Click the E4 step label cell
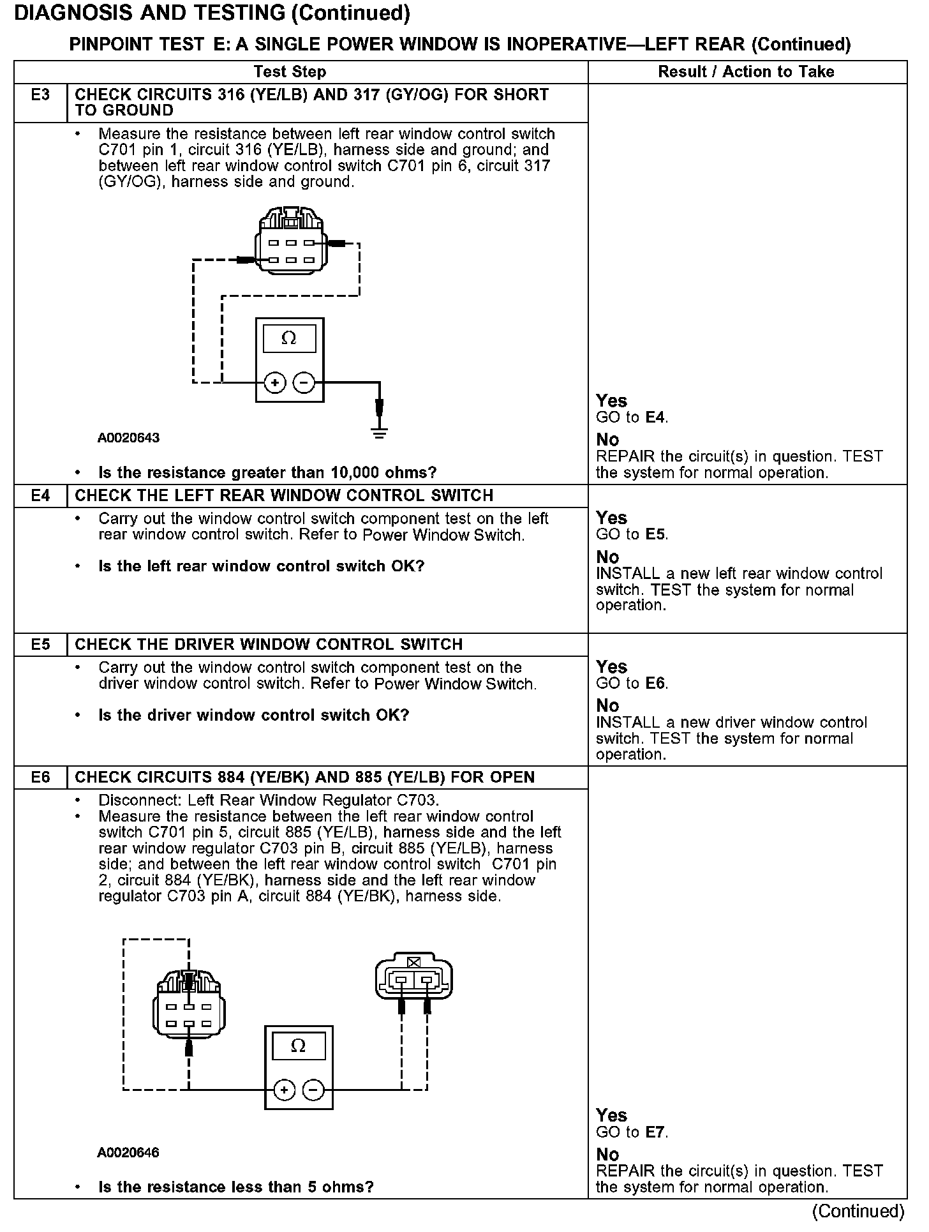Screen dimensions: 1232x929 point(40,496)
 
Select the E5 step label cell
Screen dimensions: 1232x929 point(40,645)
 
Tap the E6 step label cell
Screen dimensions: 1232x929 point(40,778)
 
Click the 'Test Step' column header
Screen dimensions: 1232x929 point(290,71)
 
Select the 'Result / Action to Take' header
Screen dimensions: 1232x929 point(746,71)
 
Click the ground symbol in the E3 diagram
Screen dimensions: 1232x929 point(379,434)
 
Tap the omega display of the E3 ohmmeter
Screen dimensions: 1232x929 point(289,339)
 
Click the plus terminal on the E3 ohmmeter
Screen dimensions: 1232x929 point(274,383)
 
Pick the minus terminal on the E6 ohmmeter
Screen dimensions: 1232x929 point(313,1090)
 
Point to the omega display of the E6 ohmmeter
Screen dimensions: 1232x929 point(298,1046)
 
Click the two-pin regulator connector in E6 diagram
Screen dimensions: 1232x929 point(414,977)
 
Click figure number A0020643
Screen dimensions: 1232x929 point(128,438)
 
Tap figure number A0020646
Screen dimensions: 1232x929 point(128,1152)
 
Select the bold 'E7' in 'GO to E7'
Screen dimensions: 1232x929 point(656,1132)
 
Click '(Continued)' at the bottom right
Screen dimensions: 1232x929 point(858,1211)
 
